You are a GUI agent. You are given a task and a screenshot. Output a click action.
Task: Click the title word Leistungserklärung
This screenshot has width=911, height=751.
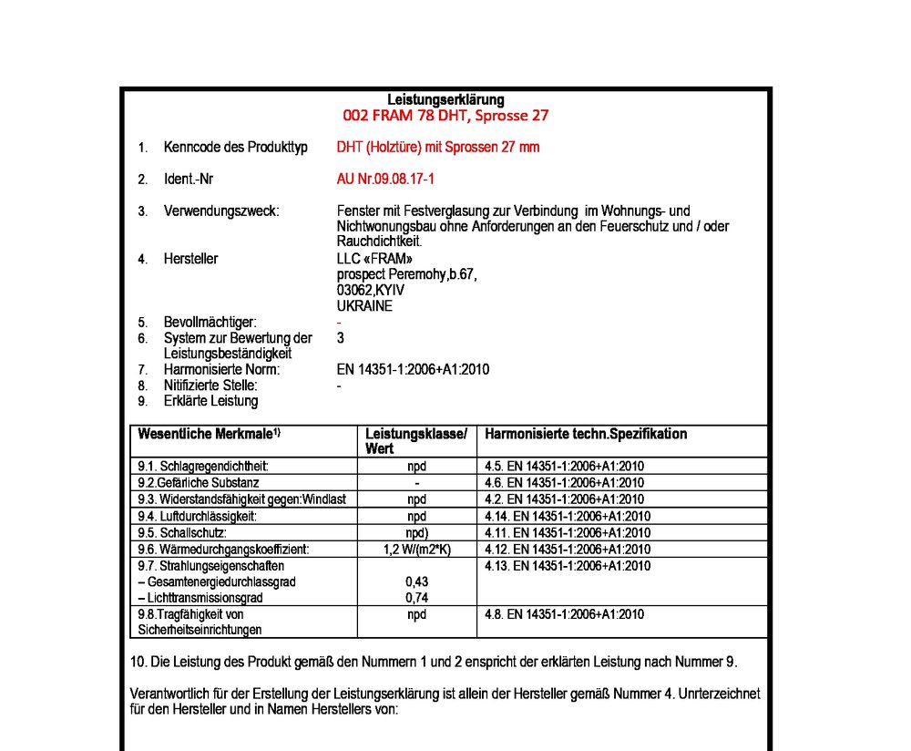click(445, 99)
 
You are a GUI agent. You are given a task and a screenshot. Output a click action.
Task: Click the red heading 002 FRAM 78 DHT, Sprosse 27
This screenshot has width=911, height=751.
click(445, 116)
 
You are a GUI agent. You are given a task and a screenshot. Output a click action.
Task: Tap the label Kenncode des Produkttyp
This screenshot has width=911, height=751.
click(236, 147)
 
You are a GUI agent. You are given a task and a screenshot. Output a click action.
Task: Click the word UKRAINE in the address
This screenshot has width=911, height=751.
click(364, 306)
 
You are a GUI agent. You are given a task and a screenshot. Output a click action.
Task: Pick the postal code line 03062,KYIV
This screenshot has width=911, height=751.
click(371, 290)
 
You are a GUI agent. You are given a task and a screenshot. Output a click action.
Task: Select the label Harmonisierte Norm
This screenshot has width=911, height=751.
click(221, 369)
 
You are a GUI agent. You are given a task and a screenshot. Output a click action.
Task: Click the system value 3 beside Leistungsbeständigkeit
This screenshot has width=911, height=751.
click(341, 338)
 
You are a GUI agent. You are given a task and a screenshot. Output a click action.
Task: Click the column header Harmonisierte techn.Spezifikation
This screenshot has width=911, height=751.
click(586, 435)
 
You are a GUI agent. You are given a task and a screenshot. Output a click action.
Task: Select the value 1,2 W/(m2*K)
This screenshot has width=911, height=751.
click(416, 549)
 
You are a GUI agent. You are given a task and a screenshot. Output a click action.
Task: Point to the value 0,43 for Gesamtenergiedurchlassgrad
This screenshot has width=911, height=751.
click(416, 581)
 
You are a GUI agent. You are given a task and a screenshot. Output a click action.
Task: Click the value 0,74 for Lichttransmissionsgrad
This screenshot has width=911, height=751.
click(416, 598)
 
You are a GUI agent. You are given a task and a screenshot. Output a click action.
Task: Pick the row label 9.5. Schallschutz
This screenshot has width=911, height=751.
click(182, 532)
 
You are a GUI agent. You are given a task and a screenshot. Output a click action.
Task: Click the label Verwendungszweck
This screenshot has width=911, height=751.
click(221, 211)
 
